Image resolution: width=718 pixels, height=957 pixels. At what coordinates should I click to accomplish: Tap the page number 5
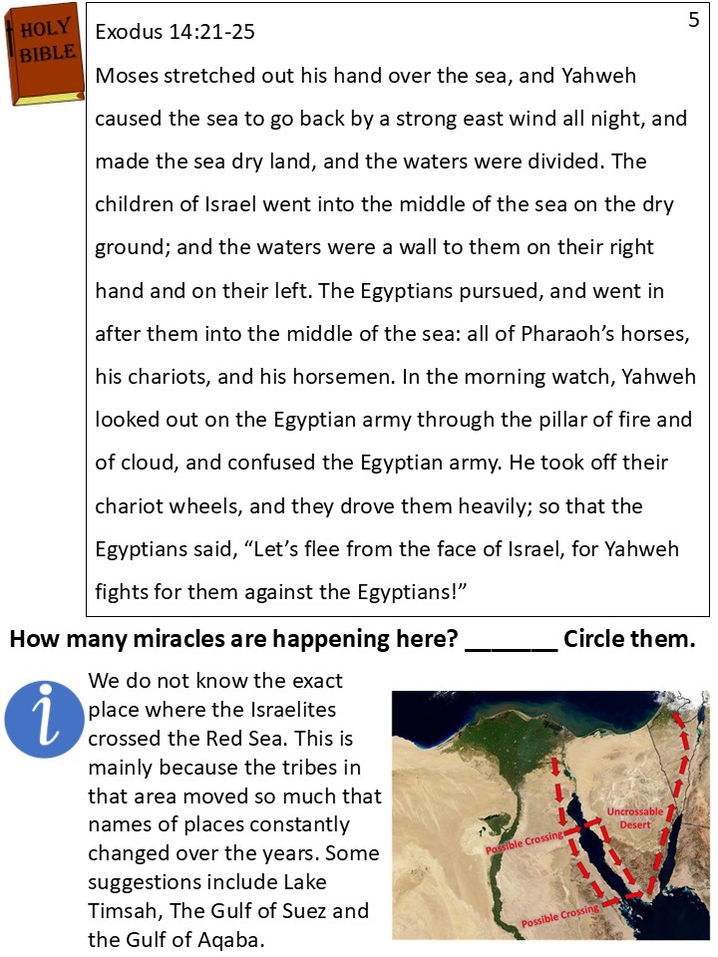[694, 20]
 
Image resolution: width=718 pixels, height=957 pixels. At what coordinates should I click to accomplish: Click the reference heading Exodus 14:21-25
[175, 33]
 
